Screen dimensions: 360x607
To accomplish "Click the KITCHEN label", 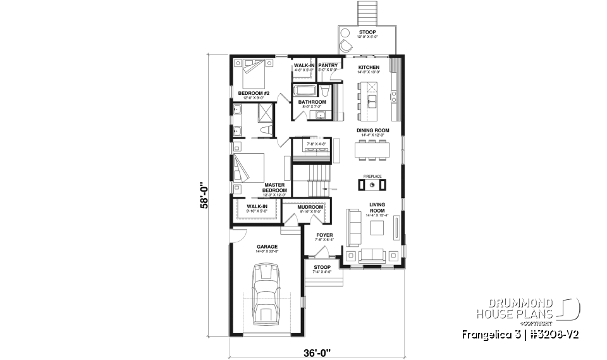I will (x=369, y=67).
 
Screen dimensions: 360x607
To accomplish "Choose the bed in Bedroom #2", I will (x=253, y=75).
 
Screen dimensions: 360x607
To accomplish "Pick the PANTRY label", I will (x=328, y=65).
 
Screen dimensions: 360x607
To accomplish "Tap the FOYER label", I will (x=324, y=235).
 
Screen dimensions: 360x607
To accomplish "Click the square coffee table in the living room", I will (x=377, y=228).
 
